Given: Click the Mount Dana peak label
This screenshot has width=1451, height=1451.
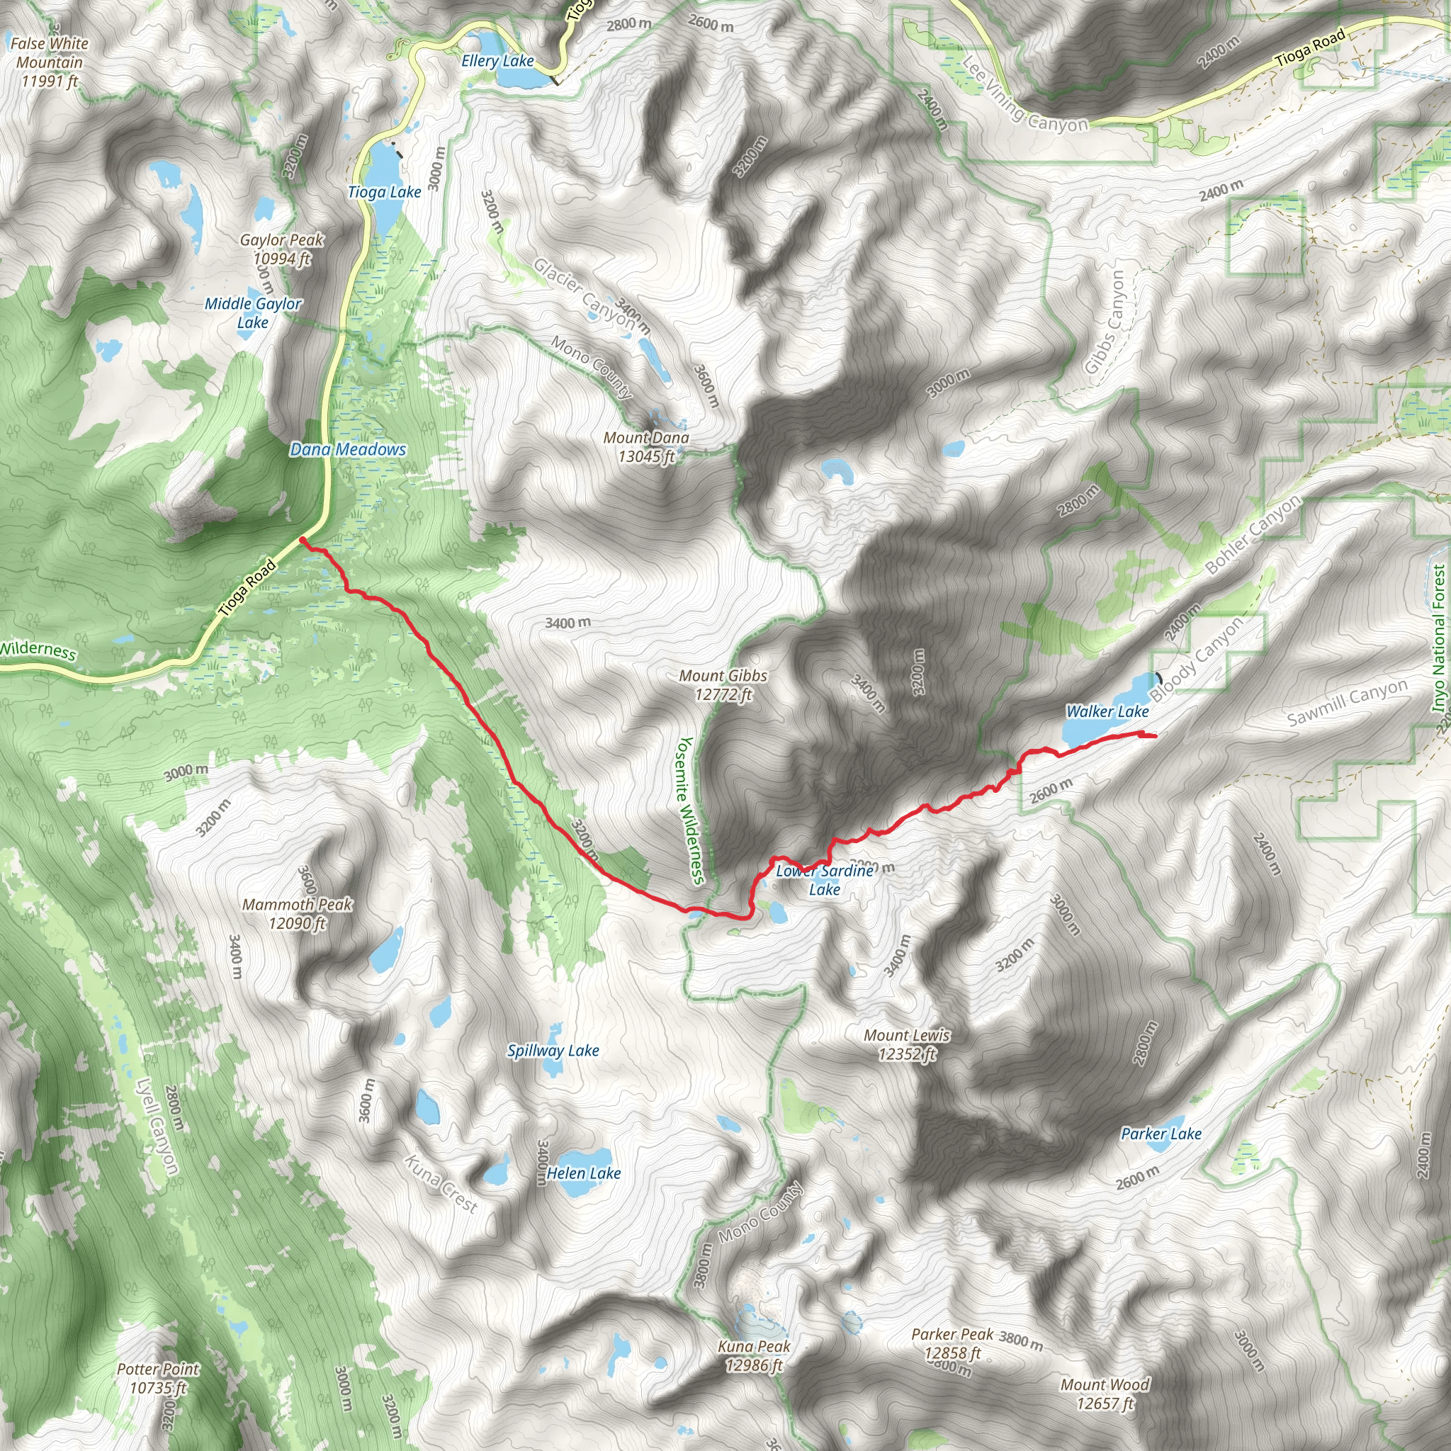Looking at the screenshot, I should (646, 447).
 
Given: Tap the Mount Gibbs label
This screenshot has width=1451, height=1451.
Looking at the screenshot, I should (723, 685).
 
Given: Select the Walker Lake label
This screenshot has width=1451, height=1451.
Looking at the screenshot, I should (1107, 711).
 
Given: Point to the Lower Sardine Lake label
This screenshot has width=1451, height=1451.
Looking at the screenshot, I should (825, 880).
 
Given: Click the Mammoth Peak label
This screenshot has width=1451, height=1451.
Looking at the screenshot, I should (298, 913).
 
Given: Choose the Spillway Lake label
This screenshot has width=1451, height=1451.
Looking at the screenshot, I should (553, 1051).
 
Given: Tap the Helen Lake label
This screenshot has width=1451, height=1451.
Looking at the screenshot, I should (584, 1173).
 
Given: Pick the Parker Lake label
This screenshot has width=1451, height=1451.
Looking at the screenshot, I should (1161, 1134).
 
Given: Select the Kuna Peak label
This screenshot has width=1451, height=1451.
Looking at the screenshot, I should (754, 1355).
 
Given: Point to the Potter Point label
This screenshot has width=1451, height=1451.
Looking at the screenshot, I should (158, 1378).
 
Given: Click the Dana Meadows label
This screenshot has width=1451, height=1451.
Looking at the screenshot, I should (348, 449).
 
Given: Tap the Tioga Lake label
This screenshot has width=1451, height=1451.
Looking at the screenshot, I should (385, 192).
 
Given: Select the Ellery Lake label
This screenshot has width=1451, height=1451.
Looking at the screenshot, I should (497, 61).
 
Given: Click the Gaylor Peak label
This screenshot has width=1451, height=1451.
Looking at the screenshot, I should (282, 249).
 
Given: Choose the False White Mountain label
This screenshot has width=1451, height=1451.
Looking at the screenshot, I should (50, 62).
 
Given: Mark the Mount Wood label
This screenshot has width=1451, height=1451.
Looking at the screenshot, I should (1105, 1393).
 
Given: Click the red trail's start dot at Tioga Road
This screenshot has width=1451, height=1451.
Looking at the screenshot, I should (302, 540).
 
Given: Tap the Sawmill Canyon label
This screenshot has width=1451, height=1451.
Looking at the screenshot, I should (1348, 702).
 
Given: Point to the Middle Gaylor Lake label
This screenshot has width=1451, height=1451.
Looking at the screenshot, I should (253, 312).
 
